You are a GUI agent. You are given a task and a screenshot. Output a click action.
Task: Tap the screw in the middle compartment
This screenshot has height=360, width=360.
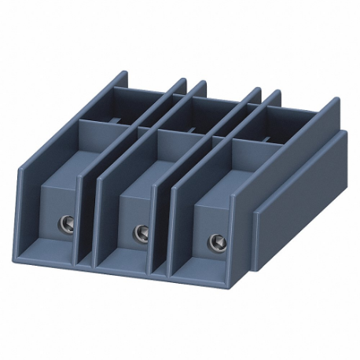click(x=141, y=232)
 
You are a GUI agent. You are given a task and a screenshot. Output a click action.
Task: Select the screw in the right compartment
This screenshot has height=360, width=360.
click(x=213, y=241)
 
